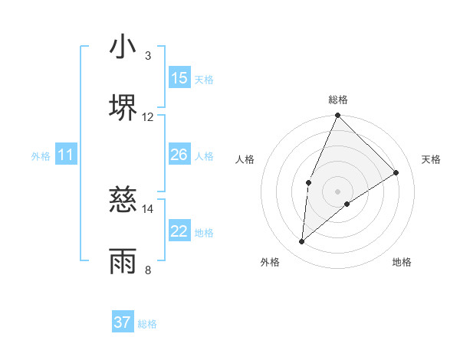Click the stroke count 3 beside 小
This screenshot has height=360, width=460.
148,56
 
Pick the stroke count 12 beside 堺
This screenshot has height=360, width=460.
148,117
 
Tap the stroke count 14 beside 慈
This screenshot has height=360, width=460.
148,208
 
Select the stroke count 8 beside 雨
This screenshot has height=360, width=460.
148,270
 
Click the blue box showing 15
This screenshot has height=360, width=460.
179,78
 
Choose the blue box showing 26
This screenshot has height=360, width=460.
179,155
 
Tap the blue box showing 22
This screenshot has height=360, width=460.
179,231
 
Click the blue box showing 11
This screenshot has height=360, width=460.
66,155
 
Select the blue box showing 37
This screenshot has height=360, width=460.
123,322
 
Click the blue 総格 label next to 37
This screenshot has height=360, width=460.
147,324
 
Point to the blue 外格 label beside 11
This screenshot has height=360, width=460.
41,156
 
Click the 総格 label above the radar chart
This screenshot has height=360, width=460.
338,100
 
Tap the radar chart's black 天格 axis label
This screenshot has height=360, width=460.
431,159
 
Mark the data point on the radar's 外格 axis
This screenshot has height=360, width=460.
302,242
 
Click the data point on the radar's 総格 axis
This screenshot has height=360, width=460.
337,116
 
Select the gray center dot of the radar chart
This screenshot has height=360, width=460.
337,191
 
